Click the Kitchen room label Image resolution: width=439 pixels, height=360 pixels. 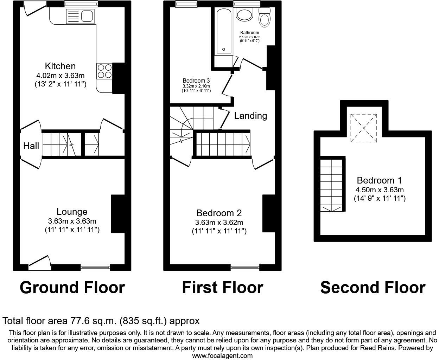tap(60, 66)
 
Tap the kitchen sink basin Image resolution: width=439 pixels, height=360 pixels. tap(87, 16)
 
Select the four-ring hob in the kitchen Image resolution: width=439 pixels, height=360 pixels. tap(104, 71)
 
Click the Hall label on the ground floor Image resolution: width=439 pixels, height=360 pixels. tap(31, 146)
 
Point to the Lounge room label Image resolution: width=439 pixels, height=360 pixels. tap(72, 212)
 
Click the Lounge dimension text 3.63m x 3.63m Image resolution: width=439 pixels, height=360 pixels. tap(72, 221)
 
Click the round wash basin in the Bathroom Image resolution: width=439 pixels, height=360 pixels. tap(244, 14)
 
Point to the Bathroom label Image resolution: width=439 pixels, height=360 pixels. tap(250, 33)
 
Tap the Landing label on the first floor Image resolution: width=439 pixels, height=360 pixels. tap(250, 116)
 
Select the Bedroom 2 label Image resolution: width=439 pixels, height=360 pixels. tap(219, 213)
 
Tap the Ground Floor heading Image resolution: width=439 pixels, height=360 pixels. tap(72, 288)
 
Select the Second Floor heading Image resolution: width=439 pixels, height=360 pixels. tap(373, 288)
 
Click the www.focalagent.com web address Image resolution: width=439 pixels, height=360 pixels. tap(222, 355)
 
